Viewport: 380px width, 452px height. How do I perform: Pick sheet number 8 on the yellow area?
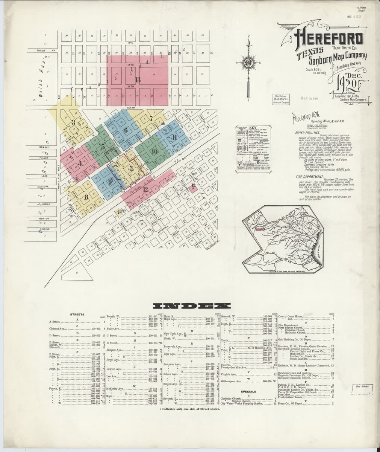(x=86, y=197)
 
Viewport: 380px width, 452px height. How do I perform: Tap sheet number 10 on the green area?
(x=154, y=152)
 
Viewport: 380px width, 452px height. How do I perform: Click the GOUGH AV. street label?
(x=45, y=50)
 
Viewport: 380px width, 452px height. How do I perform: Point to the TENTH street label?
(x=130, y=108)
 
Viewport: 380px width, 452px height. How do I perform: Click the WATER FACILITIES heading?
(x=307, y=133)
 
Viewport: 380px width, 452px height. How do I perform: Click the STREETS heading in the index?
(x=77, y=314)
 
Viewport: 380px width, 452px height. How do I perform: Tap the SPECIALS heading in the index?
(x=248, y=391)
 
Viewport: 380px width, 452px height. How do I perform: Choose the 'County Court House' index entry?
(x=290, y=316)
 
